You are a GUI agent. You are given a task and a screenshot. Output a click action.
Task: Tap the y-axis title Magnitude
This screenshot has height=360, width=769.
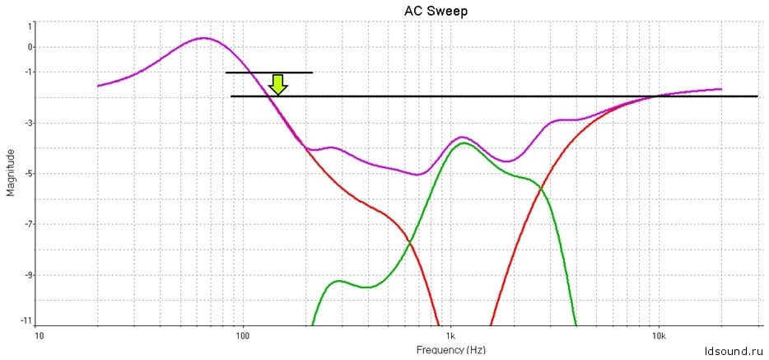coord(11,171)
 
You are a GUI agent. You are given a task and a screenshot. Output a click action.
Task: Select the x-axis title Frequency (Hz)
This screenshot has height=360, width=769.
coord(451,350)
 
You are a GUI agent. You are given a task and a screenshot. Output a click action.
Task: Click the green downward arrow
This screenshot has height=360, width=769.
coord(278,84)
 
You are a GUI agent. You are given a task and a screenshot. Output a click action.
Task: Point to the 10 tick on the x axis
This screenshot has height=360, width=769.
coord(38,337)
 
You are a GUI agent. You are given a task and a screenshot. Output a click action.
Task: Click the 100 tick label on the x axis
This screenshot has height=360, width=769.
coord(243,337)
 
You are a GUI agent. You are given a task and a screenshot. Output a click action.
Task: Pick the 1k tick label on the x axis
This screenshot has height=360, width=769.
coord(450,337)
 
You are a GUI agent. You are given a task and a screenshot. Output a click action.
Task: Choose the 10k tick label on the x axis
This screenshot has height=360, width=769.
coord(658,337)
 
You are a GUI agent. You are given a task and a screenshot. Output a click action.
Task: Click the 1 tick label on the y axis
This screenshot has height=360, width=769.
coord(30,26)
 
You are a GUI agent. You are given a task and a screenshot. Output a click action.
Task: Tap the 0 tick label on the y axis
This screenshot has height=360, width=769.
coord(30,47)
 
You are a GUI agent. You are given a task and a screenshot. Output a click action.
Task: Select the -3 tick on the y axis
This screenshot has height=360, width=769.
coord(28,124)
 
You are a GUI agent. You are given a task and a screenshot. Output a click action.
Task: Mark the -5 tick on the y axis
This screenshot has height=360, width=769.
coord(28,174)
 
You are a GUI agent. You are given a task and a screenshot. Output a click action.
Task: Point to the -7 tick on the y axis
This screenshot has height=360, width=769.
coord(28,224)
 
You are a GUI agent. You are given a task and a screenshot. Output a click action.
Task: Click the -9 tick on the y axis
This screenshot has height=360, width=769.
coord(28,275)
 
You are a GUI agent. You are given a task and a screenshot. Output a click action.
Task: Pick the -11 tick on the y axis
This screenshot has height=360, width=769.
coord(26,320)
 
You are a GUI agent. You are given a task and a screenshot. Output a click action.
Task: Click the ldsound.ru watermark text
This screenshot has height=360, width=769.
coord(735,350)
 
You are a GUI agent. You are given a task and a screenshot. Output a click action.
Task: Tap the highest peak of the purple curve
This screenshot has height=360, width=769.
coord(203,38)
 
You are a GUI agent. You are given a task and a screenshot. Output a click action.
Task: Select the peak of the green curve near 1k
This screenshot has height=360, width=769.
coord(464,143)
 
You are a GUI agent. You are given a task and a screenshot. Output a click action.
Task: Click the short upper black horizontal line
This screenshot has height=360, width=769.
coord(268,72)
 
